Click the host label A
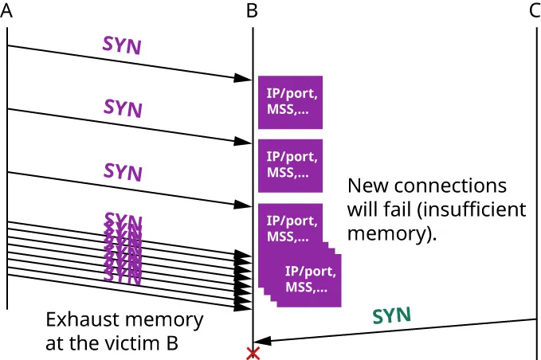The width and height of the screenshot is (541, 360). tap(7, 11)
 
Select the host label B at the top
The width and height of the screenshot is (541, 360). tap(252, 11)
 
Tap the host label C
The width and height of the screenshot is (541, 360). tap(534, 11)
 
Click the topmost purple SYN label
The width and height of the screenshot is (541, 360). tap(122, 45)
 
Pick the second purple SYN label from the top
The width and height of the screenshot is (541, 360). tap(123, 108)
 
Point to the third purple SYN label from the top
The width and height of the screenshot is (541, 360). tap(123, 170)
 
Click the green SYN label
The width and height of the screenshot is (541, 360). tap(392, 315)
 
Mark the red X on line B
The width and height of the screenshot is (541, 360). tap(253, 353)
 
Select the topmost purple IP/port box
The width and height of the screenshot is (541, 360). tap(290, 102)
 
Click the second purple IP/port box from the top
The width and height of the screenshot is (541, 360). tap(290, 165)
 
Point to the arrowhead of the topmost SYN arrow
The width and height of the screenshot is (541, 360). tap(244, 79)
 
